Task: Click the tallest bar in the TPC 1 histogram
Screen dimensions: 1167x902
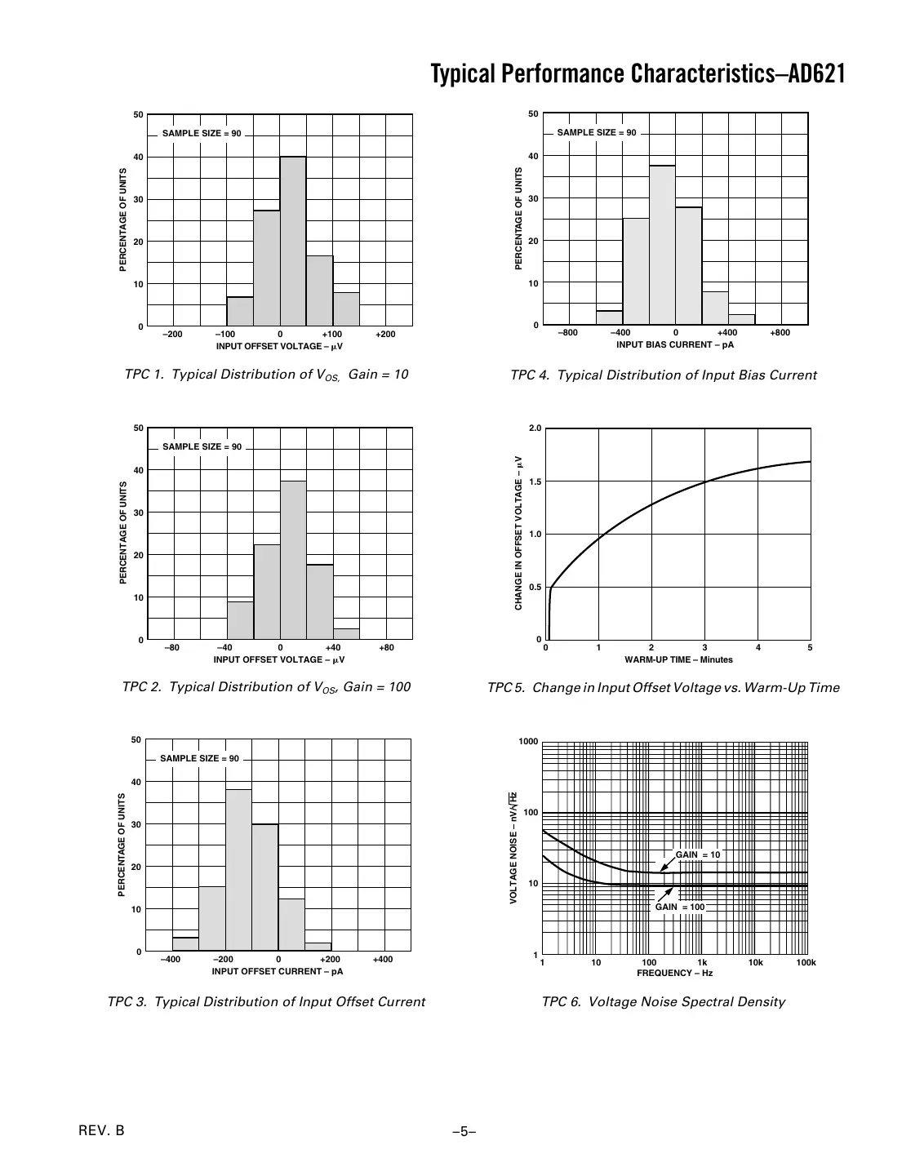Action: (x=293, y=241)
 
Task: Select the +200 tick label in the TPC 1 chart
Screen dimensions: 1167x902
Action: (x=385, y=335)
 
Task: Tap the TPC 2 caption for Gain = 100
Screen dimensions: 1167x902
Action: (x=266, y=687)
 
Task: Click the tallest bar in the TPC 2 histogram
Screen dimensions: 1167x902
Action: (x=293, y=560)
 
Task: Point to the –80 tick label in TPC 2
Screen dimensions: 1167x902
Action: (x=171, y=648)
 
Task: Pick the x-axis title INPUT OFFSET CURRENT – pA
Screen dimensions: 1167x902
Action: (x=278, y=971)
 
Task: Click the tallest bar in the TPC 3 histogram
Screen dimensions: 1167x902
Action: (x=238, y=870)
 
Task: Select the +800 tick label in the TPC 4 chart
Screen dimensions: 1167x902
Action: (x=780, y=333)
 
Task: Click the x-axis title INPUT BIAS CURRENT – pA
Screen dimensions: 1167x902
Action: (x=675, y=344)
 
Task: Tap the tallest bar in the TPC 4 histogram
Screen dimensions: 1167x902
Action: (x=662, y=245)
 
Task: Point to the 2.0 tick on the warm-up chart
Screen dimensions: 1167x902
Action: (x=535, y=428)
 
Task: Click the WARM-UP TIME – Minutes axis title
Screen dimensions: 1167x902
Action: (x=678, y=659)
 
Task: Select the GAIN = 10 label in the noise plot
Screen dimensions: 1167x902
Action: (x=697, y=854)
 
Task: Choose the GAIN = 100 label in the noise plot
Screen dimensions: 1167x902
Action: (x=679, y=907)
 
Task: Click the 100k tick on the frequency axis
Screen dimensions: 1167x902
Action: (x=806, y=963)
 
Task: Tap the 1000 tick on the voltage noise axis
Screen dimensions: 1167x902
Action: (x=529, y=742)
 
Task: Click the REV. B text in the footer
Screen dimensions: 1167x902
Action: (x=101, y=1130)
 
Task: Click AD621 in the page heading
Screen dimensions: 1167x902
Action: (x=814, y=74)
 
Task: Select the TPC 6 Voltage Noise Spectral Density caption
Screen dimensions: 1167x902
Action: (x=663, y=1002)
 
